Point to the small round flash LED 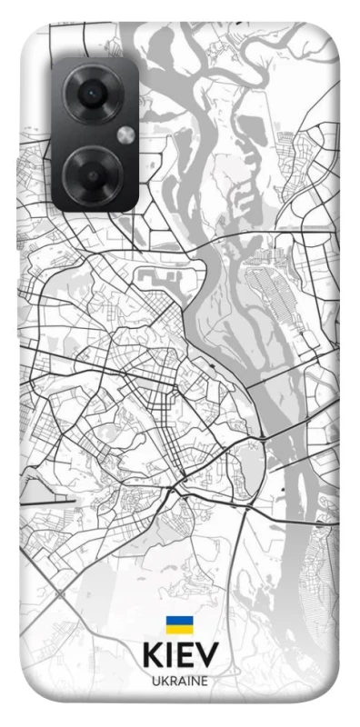pos(125,135)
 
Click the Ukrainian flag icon pos(179,625)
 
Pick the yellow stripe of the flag pos(179,629)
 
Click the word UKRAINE pos(179,681)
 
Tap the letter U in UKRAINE pos(155,681)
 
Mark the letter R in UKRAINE pos(172,681)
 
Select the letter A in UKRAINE pos(181,681)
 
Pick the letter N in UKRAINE pos(194,681)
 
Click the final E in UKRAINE pos(204,681)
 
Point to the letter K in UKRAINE pos(164,681)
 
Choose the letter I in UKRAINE pos(187,681)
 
